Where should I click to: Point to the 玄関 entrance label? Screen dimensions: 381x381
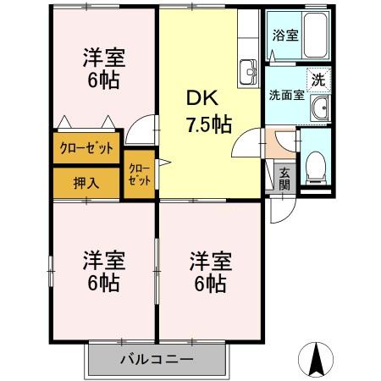pyautogui.click(x=284, y=178)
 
